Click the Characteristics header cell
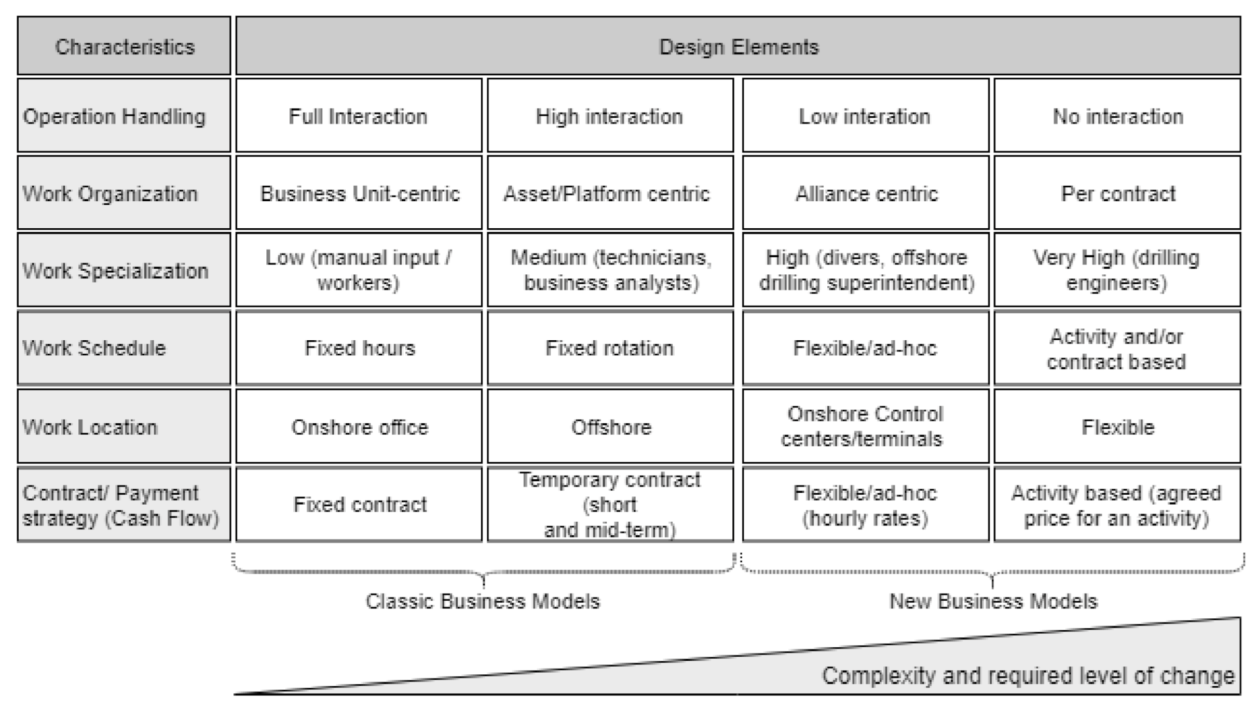point(124,47)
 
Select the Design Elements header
point(738,47)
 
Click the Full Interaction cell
point(358,116)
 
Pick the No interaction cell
point(1117,116)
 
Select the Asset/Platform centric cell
point(610,193)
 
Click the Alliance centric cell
point(866,193)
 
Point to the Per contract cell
point(1117,193)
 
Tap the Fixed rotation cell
point(610,348)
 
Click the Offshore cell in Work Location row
point(610,427)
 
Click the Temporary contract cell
point(610,504)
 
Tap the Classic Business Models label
point(483,602)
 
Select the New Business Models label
point(993,602)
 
